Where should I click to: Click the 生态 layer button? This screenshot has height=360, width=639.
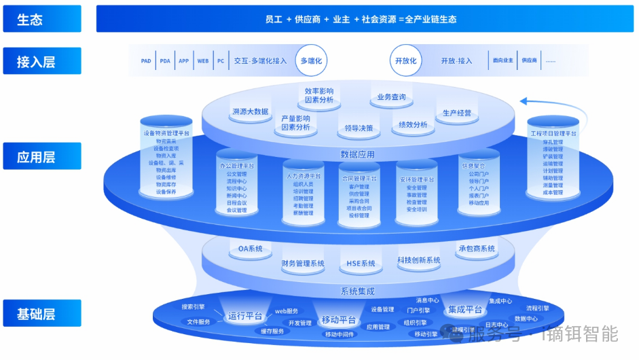click(41, 19)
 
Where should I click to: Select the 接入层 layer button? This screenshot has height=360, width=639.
click(41, 62)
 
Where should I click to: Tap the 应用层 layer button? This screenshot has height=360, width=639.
click(41, 157)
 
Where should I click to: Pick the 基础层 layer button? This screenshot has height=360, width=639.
click(41, 314)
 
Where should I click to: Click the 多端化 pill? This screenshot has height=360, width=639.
click(311, 61)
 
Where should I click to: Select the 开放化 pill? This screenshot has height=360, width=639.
click(406, 61)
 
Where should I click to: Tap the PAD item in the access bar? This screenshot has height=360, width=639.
click(146, 61)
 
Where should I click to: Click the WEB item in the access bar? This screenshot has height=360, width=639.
click(202, 61)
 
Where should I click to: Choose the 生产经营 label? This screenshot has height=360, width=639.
click(456, 113)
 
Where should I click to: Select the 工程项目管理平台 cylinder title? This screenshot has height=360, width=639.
click(553, 134)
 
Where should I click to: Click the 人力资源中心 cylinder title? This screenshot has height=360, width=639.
click(304, 175)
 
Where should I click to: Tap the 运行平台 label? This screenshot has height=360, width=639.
click(245, 316)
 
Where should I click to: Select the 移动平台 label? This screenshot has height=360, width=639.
click(339, 320)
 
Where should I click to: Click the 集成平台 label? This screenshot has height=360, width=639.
click(465, 310)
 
